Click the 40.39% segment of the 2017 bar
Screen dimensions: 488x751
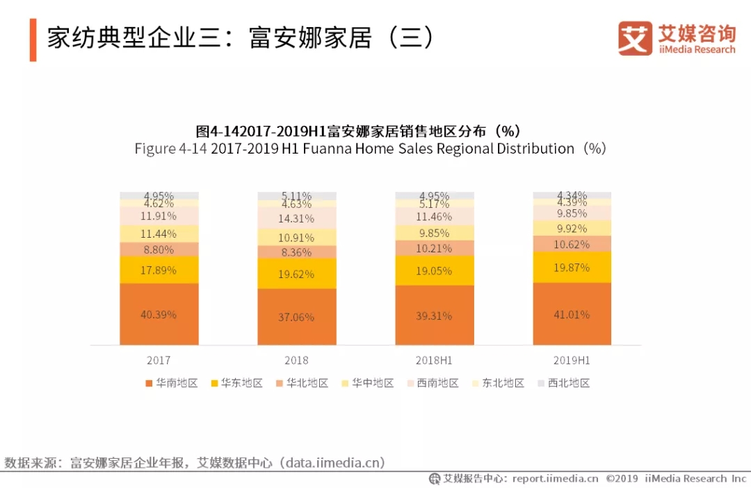[159, 314]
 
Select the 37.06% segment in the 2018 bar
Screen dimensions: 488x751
[296, 317]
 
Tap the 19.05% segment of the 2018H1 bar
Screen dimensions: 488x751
[435, 271]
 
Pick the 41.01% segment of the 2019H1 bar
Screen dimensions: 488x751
[572, 314]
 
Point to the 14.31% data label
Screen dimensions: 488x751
[297, 218]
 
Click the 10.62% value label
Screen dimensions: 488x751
[572, 244]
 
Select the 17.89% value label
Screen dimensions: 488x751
[159, 270]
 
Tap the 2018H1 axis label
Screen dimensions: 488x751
[435, 361]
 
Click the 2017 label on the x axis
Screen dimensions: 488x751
[159, 361]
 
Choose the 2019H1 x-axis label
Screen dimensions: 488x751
[572, 361]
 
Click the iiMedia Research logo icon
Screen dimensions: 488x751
[635, 38]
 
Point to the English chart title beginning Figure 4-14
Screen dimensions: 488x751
[371, 149]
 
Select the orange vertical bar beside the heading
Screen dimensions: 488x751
[33, 39]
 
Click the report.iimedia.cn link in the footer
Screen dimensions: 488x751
[555, 479]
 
